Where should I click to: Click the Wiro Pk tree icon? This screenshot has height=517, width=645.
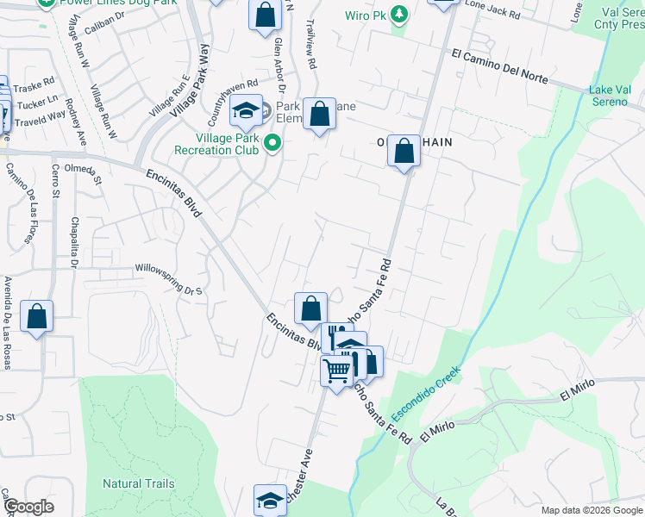pyautogui.click(x=399, y=15)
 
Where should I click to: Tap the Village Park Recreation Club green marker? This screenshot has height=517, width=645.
pyautogui.click(x=273, y=143)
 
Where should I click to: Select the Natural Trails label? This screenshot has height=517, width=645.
pyautogui.click(x=139, y=484)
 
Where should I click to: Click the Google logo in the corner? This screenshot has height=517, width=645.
pyautogui.click(x=28, y=507)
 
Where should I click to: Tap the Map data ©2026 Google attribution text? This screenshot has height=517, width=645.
pyautogui.click(x=591, y=510)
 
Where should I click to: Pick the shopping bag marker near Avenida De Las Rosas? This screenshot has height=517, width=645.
pyautogui.click(x=37, y=316)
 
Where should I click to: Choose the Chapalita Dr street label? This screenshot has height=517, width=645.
pyautogui.click(x=74, y=242)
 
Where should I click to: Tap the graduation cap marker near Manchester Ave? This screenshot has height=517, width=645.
pyautogui.click(x=270, y=501)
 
